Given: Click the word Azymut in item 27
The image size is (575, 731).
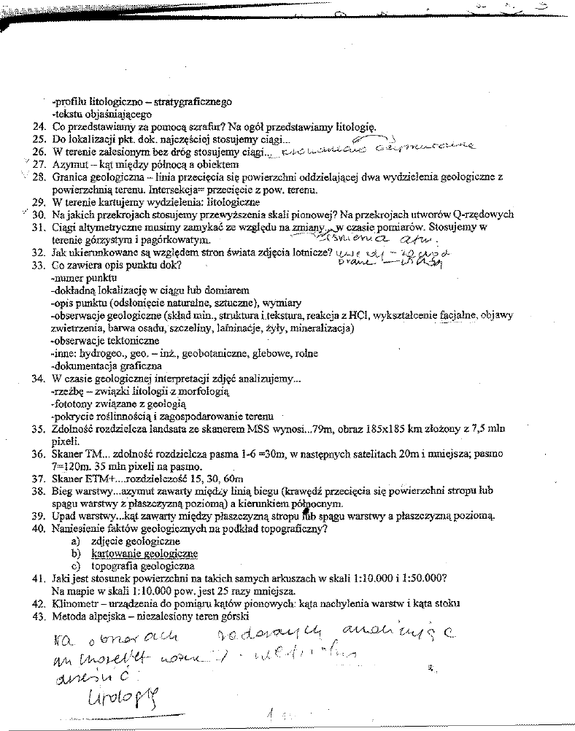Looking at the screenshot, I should click(x=72, y=164).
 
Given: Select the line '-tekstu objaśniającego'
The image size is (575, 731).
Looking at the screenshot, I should click(x=101, y=114).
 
